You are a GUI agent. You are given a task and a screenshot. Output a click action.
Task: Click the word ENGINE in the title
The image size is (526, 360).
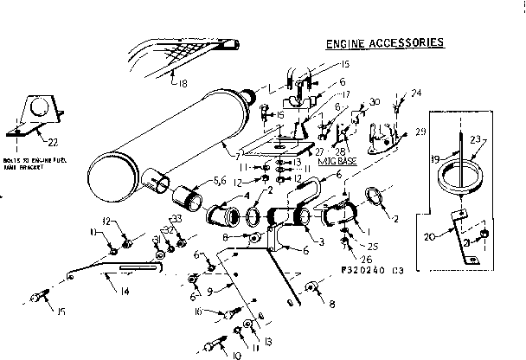[x=346, y=42]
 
